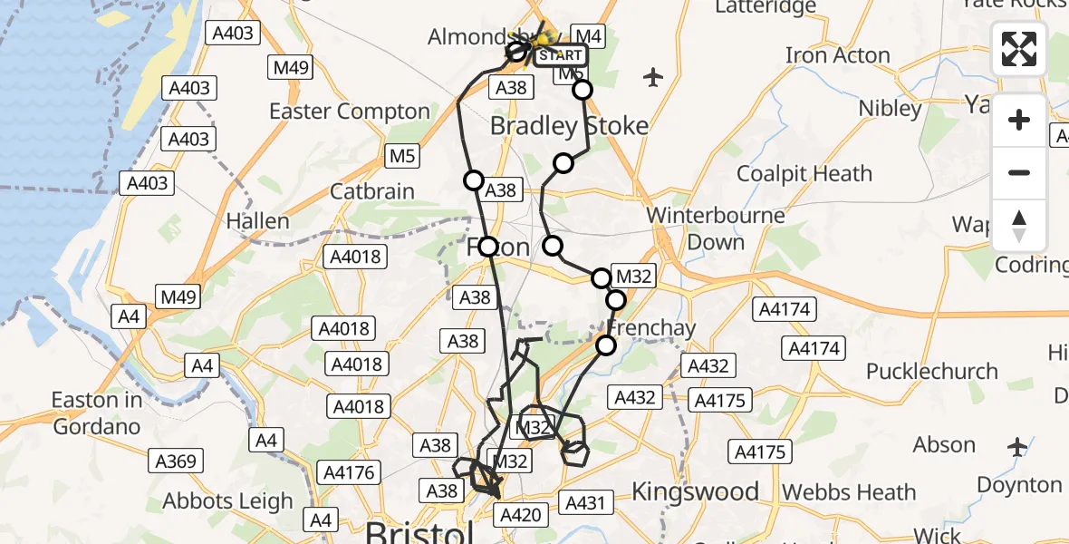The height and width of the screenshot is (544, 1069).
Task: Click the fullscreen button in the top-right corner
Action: click(1019, 49)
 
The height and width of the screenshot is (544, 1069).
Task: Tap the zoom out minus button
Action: click(1019, 172)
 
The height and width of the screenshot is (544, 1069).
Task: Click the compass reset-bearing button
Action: click(1019, 226)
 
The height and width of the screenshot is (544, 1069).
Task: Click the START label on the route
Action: click(560, 55)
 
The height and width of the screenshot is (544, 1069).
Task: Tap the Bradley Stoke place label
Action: click(570, 126)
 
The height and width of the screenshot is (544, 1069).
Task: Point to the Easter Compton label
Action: click(350, 112)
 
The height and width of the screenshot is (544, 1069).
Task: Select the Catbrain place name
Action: click(372, 191)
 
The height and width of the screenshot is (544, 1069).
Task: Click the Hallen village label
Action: click(257, 220)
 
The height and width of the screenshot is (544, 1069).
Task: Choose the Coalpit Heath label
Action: click(804, 173)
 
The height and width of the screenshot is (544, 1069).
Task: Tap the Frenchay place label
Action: click(652, 327)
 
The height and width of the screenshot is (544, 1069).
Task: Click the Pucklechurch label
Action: click(932, 371)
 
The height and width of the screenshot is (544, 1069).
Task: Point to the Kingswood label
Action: click(695, 491)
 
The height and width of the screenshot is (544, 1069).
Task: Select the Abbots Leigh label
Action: click(228, 501)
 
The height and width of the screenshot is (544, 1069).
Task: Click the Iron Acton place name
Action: click(838, 55)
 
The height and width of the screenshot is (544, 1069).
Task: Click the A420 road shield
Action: click(520, 516)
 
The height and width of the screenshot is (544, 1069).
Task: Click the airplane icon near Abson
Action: click(1017, 447)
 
